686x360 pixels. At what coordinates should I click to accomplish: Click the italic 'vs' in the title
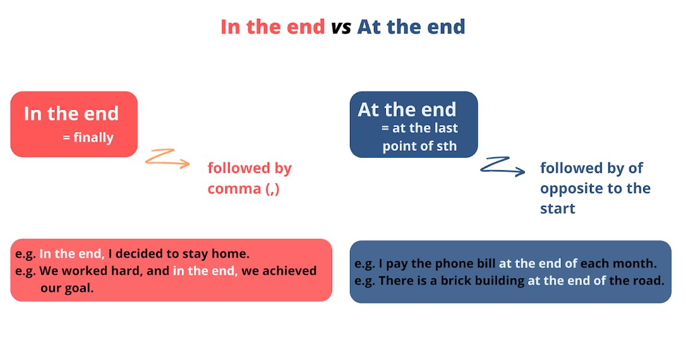[x=341, y=27]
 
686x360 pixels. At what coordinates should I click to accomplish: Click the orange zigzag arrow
[x=167, y=158]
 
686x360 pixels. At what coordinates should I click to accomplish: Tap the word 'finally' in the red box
[x=93, y=138]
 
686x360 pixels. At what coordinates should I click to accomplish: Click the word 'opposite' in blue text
[x=572, y=189]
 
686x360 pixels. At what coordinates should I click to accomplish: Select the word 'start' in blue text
[x=557, y=209]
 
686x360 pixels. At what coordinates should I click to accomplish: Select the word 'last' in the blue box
[x=446, y=129]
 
